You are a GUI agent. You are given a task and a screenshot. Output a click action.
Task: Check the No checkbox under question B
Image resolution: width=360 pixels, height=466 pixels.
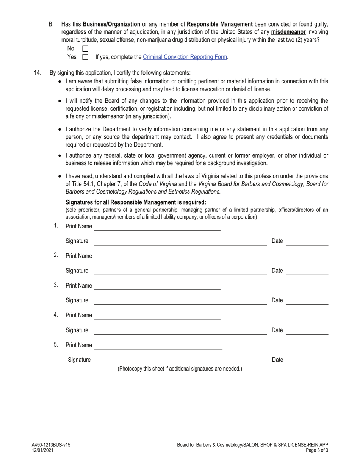pos(85,48)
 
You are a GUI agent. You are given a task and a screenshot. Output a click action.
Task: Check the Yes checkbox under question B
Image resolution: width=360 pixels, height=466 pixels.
pos(85,57)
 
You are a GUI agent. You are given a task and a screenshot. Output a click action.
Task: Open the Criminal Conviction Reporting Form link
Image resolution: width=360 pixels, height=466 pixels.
pos(185,57)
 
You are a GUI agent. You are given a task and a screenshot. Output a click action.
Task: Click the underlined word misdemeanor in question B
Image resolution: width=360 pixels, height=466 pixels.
pos(288,32)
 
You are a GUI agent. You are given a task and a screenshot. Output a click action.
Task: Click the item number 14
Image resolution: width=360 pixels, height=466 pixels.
pos(38,73)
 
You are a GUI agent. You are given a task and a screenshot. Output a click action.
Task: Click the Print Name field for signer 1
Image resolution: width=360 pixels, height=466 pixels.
pos(157,227)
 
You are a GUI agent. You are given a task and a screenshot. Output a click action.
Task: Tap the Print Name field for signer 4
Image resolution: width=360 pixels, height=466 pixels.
pos(157,315)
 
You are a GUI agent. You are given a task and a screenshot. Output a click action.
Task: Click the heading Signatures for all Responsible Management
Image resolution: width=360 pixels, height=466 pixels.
pos(136,202)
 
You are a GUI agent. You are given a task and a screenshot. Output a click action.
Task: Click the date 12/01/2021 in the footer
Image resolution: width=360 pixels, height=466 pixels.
pos(42,450)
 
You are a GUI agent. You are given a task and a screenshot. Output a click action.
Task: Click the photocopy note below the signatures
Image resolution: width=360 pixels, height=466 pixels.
pos(180,369)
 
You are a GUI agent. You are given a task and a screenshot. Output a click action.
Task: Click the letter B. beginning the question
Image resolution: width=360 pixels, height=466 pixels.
pos(52,24)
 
